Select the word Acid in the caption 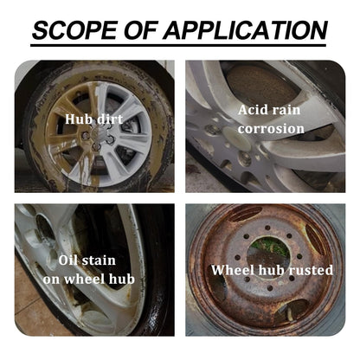tap(255, 110)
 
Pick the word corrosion tap(273, 129)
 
